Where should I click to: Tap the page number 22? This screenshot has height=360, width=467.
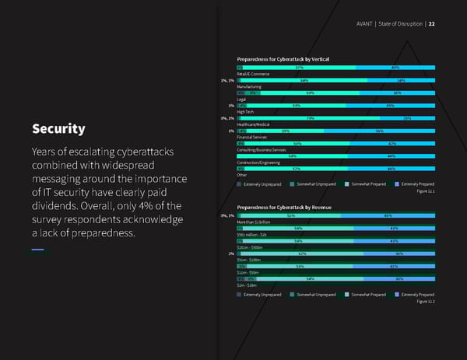coord(431,23)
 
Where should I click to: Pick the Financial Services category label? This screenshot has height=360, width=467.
coord(254,137)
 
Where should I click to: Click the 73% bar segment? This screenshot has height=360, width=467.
coord(310,118)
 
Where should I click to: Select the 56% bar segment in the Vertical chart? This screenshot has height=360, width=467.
coord(378,131)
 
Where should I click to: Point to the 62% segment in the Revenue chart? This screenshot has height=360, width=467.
coord(301,253)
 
